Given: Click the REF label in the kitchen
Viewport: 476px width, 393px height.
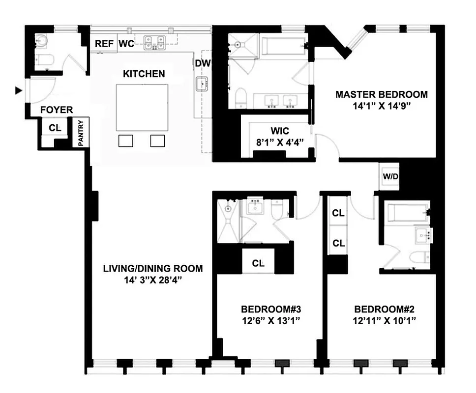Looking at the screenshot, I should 104,44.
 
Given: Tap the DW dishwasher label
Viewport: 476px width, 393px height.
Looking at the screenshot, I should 201,63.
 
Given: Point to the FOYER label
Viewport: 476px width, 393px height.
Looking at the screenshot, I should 56,110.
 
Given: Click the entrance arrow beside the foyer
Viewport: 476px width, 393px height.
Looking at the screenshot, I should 19,90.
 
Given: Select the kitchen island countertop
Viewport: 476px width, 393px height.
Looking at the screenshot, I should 142,107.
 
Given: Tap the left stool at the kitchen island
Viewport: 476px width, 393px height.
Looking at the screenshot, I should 126,140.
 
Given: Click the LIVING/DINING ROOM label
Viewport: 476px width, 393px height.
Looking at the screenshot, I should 152,269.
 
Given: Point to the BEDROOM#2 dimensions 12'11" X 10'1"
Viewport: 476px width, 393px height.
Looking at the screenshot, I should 385,320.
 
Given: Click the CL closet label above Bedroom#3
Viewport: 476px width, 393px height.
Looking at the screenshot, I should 259,263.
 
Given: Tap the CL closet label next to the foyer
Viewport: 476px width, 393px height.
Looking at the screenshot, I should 55,128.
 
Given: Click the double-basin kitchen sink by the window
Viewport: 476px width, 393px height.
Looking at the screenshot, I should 155,43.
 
